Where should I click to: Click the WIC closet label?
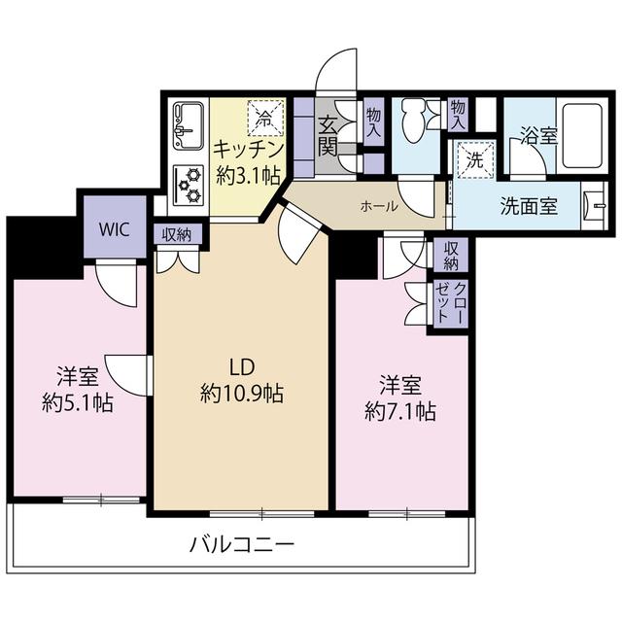coord(115,229)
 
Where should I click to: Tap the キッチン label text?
coord(249,150)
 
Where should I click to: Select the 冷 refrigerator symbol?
coord(266,118)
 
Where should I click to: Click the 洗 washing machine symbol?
coord(475,159)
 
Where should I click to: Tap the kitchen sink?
coord(189,126)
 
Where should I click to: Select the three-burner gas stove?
coord(189,185)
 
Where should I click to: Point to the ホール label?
coord(379,206)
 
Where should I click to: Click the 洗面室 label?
coord(529,206)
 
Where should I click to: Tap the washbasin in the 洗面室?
coord(595,205)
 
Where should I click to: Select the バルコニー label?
coord(242,544)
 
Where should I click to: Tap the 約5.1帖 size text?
coord(78,403)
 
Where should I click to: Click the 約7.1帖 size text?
coord(400,412)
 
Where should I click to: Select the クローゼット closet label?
coord(451,304)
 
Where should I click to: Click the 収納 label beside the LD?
coord(177,235)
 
